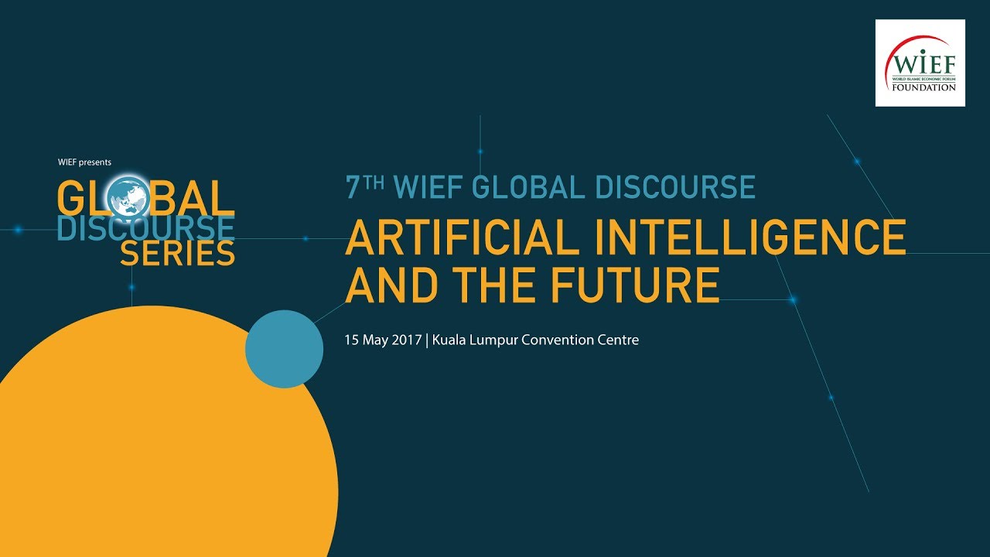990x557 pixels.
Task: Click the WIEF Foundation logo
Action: click(920, 63)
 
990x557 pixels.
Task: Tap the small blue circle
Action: click(284, 349)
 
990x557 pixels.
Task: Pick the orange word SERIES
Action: click(177, 254)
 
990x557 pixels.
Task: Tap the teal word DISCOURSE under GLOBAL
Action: click(145, 228)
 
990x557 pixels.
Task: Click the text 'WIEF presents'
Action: click(84, 162)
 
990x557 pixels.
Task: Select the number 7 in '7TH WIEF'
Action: click(353, 188)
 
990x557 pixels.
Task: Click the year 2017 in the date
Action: click(408, 340)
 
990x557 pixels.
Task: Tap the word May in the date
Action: click(376, 340)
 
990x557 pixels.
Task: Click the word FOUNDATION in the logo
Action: click(920, 87)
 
